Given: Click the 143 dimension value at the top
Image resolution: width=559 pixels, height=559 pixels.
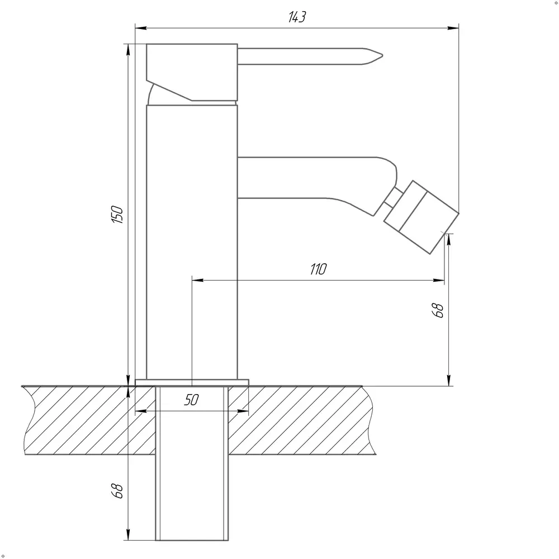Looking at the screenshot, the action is pos(297,17).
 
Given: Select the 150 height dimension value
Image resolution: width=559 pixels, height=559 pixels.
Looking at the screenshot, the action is pos(117,215).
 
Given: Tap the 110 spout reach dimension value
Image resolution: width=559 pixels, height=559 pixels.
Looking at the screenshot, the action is pos(318,269).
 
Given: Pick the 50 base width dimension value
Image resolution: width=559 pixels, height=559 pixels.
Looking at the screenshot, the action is pos(191,400).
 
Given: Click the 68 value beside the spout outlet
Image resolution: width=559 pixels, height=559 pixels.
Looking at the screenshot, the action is pos(438,310).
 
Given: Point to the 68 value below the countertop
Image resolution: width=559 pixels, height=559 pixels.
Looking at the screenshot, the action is pos(117,491).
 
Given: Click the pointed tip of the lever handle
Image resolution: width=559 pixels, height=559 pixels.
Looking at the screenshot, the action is pos(382,55).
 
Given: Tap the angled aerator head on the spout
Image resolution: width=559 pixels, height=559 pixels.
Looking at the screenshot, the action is pos(421,217).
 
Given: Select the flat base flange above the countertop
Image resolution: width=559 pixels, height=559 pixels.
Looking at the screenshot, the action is pos(192,382).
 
